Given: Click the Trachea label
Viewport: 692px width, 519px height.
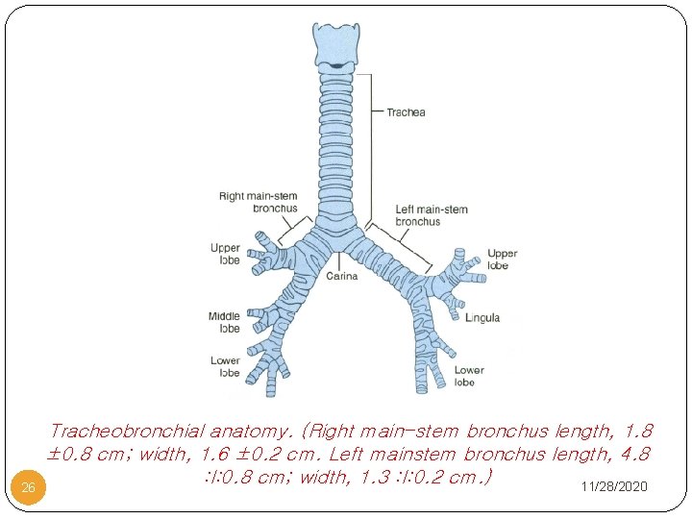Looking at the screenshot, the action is [x=406, y=112].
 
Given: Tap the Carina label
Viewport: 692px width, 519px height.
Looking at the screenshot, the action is [x=341, y=277].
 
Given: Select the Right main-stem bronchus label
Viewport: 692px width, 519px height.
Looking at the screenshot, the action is [x=259, y=202].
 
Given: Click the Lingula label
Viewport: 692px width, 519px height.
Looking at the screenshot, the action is [x=482, y=318].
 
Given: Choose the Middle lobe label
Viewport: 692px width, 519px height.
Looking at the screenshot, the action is [x=224, y=322].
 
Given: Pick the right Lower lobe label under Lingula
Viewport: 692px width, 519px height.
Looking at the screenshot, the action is [x=469, y=376].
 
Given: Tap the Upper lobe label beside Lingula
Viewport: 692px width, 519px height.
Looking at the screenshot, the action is [x=502, y=259].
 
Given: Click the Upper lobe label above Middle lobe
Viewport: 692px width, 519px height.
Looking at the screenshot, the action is [x=225, y=254].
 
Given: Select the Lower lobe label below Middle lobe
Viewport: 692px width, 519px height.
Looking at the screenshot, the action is [x=225, y=366].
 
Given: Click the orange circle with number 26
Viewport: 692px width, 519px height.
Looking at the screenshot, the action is [x=29, y=487].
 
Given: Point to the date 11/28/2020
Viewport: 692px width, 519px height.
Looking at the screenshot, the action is [x=614, y=487].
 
